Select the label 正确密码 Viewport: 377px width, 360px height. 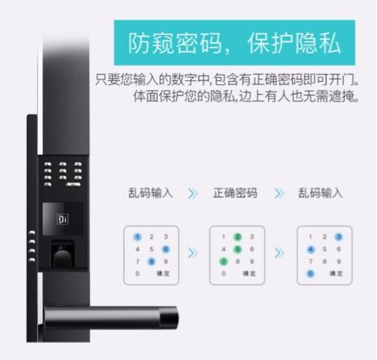pos(235,193)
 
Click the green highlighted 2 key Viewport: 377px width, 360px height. pos(237,237)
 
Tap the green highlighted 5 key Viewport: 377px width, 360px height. pos(237,249)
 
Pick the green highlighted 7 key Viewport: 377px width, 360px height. pos(223,261)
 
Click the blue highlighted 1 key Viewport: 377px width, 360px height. pos(138,237)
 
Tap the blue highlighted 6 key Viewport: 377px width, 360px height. pos(166,249)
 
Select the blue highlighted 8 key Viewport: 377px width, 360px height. pos(152,261)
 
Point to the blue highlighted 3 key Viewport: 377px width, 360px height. pos(339,237)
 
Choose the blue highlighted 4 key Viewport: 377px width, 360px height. pos(311,249)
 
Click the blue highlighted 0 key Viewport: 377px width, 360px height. pos(311,274)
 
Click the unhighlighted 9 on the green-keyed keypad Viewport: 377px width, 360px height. pos(251,261)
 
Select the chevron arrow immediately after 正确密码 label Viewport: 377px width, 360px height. pos(280,193)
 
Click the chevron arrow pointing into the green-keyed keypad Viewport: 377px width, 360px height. pos(193,253)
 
